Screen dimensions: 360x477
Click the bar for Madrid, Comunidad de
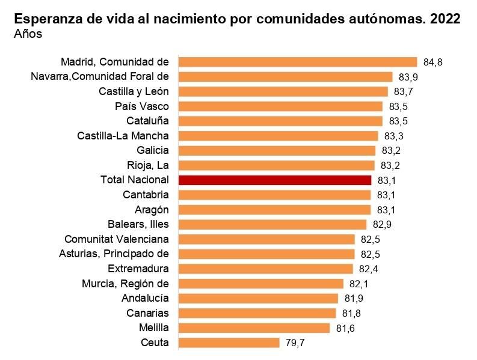298,62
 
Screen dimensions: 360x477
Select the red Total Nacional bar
275,180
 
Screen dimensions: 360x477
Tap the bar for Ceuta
229,343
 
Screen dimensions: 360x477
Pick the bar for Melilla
254,328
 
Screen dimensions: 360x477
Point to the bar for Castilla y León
283,91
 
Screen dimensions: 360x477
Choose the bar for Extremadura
266,269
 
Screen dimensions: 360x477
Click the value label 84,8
433,62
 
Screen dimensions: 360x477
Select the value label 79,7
295,343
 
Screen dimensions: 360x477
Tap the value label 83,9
408,77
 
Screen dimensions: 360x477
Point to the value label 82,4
369,269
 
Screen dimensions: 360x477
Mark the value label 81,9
354,299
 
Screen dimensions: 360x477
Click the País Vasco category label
142,106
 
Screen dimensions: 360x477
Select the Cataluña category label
147,121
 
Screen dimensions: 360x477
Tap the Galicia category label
153,150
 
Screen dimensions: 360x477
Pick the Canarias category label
147,313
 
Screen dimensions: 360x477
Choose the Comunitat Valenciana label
117,239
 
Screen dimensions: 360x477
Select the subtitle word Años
28,34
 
